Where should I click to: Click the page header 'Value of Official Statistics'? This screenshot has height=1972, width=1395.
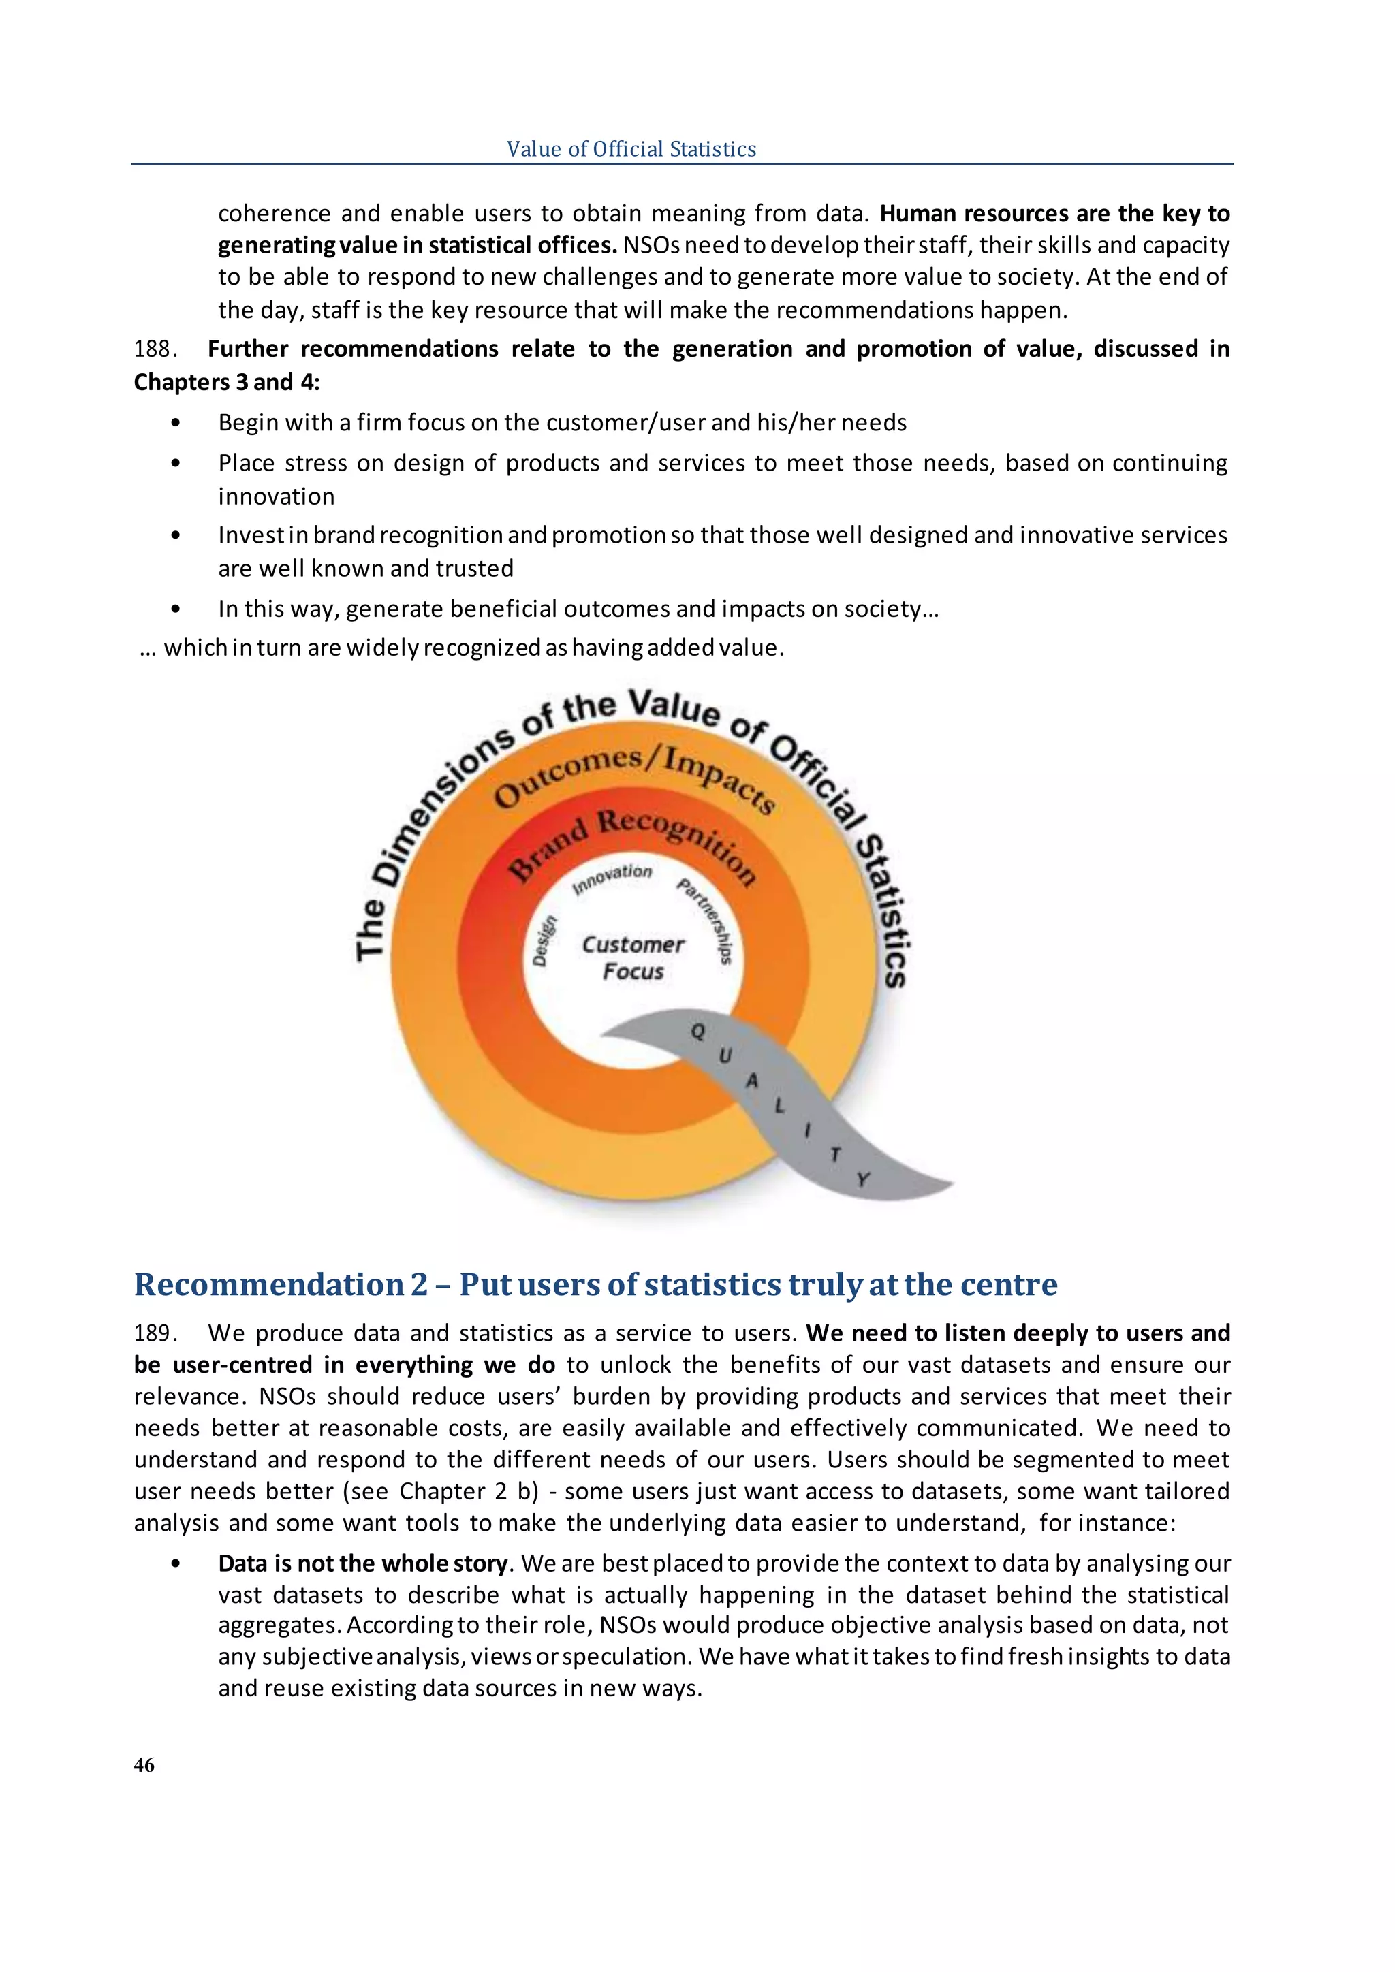[631, 149]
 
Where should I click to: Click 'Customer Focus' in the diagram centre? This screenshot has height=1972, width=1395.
[633, 957]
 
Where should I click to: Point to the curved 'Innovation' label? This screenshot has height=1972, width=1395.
[612, 878]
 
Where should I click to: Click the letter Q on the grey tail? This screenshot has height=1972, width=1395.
[698, 1032]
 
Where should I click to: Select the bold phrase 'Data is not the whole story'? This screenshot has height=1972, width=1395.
[363, 1563]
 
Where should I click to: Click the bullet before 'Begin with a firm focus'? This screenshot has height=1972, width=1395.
[176, 423]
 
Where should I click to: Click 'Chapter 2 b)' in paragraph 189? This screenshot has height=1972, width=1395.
[468, 1491]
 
